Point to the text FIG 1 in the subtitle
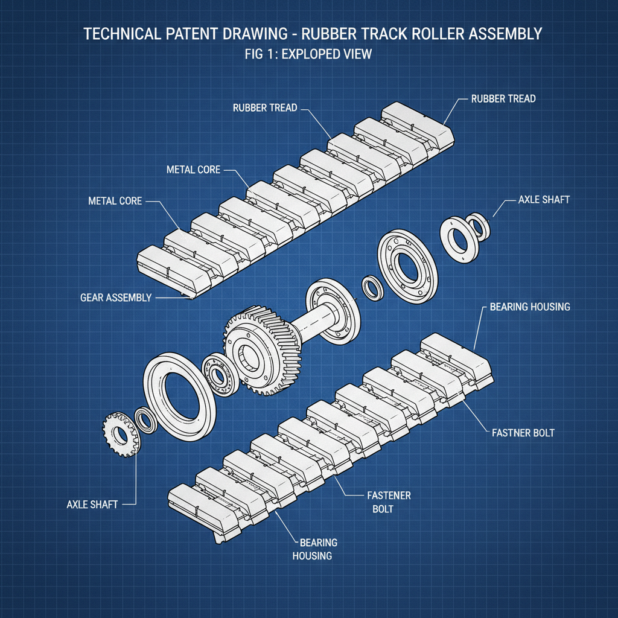tap(258, 54)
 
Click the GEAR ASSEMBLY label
tap(116, 298)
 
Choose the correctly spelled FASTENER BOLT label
tap(389, 502)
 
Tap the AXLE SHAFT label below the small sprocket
tap(92, 504)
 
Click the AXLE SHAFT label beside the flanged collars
tap(543, 200)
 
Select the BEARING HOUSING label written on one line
tap(529, 307)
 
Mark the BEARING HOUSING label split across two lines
tap(314, 549)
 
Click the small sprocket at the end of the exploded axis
tap(119, 435)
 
